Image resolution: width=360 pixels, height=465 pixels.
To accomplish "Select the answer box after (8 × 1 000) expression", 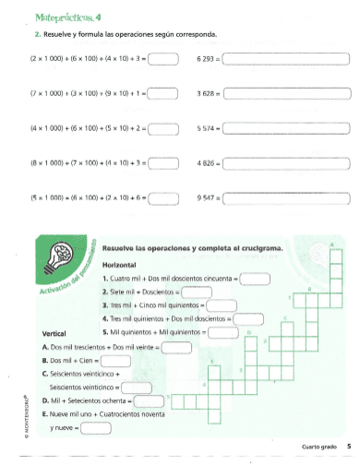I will coord(162,162).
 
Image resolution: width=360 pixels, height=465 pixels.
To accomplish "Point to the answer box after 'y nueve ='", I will coord(95,428).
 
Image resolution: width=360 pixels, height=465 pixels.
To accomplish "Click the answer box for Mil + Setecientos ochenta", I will coord(152,401).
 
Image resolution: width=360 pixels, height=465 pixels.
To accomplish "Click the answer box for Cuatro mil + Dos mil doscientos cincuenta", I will coord(255,278).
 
